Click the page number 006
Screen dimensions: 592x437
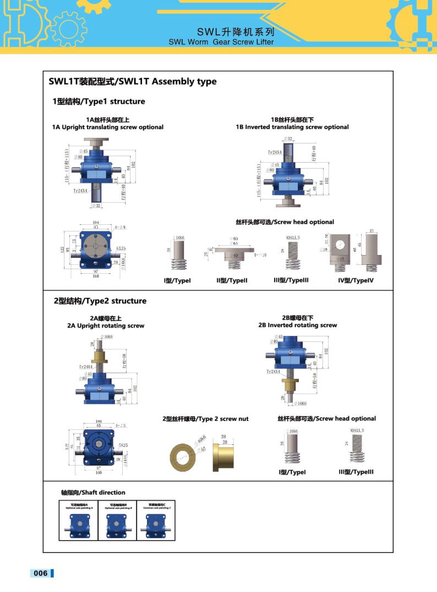coord(41,573)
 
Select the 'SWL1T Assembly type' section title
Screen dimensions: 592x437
coord(133,82)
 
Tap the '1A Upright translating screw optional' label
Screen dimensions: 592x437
coord(108,127)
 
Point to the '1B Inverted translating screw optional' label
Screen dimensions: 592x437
coord(292,127)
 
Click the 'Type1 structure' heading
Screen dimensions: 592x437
coord(99,101)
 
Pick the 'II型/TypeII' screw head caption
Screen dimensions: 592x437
coord(232,280)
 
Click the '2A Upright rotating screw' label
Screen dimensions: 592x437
coord(106,325)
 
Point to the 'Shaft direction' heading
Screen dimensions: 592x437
coord(93,493)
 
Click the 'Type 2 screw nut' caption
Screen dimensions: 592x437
coord(205,419)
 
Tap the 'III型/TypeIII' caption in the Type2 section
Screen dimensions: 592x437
coord(356,472)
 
